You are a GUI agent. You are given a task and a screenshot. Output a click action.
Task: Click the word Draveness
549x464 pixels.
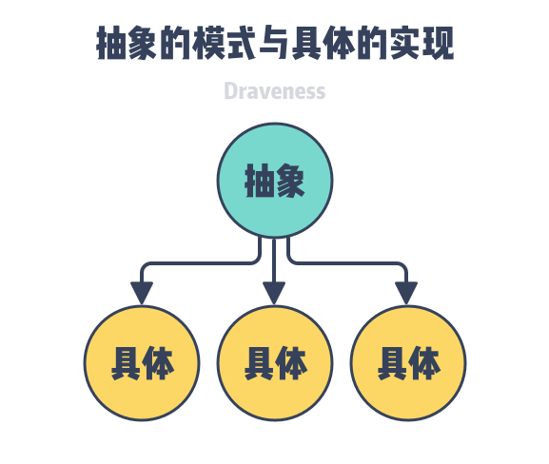point(274,91)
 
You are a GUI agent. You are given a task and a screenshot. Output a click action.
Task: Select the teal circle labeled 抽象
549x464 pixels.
point(274,181)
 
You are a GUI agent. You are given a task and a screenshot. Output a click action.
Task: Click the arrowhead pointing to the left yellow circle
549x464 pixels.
point(142,293)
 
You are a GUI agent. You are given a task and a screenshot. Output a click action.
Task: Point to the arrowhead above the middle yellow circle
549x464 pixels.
point(274,293)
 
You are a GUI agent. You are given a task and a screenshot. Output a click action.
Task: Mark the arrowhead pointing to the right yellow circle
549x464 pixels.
point(407,293)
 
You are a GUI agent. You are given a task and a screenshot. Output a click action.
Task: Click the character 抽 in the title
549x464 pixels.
point(113,44)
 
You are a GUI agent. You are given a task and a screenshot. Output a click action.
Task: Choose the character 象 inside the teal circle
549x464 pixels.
point(290,181)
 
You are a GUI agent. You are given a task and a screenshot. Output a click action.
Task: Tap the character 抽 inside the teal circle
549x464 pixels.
point(259,181)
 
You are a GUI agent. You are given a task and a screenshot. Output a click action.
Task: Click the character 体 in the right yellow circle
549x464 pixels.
point(424,362)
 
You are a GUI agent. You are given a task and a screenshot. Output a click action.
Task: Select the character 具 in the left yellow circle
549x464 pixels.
point(126,362)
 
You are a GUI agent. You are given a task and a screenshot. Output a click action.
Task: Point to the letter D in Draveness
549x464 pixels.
point(230,91)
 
